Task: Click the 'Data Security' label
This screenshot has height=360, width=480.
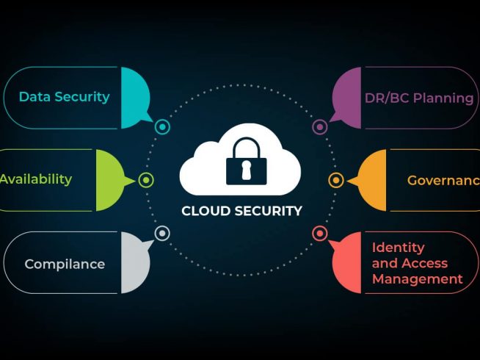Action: [65, 97]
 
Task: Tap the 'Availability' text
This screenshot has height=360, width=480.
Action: [36, 179]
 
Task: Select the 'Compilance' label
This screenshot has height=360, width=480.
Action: [65, 264]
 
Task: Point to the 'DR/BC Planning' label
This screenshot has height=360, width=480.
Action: [419, 98]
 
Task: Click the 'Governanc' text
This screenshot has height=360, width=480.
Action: [443, 181]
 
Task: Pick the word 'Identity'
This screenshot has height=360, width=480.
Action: [399, 248]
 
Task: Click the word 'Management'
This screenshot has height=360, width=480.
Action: [417, 279]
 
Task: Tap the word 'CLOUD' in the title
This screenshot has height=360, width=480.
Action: [206, 211]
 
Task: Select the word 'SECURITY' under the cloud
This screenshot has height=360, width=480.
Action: [269, 211]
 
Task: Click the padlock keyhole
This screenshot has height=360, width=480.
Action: [246, 170]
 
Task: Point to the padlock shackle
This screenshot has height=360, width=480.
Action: [247, 148]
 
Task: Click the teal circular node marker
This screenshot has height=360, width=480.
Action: [162, 126]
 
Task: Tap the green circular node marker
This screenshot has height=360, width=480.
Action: [146, 180]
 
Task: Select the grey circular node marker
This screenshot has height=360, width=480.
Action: [162, 234]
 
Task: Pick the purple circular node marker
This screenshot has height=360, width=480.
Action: [320, 126]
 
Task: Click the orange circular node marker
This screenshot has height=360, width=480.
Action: [336, 180]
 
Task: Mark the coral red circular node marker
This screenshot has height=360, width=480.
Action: [320, 234]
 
